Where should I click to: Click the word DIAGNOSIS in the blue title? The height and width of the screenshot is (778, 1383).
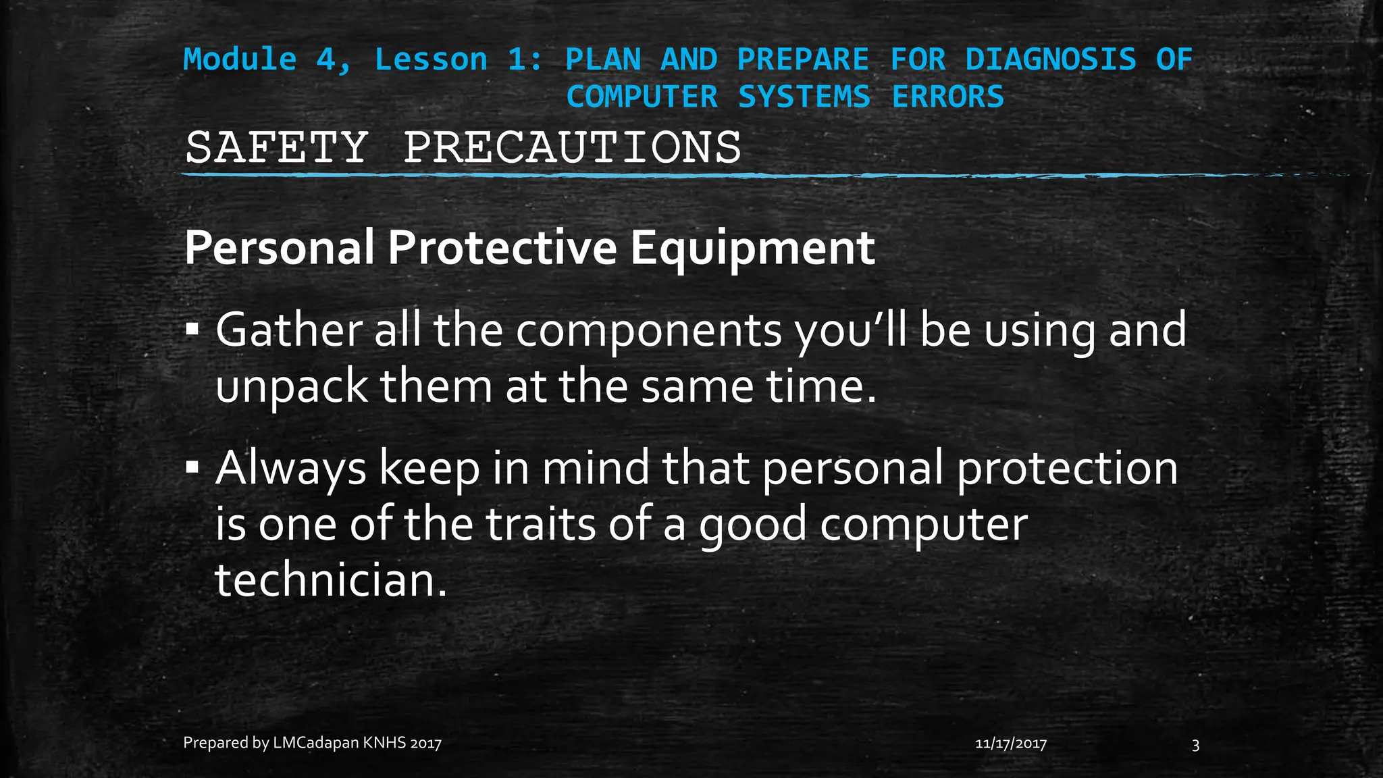point(1050,59)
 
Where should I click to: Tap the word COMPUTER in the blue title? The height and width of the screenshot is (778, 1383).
point(642,97)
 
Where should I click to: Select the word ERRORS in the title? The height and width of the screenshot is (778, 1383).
point(947,97)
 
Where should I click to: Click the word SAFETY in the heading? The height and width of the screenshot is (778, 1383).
point(276,147)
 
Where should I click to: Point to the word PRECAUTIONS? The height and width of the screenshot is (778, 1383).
point(572,147)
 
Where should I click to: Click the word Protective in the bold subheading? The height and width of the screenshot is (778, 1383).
point(502,248)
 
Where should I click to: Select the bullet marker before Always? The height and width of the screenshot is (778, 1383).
point(192,467)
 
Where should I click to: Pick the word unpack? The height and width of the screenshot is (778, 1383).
point(291,388)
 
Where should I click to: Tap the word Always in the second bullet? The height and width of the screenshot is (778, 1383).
point(290,469)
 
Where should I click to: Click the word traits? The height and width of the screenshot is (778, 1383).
point(541,524)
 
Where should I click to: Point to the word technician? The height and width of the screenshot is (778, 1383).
point(330,580)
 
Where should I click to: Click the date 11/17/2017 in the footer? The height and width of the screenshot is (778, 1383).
point(1011,744)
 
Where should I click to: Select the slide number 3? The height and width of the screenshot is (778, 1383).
point(1195,745)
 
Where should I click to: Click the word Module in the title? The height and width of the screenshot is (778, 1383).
point(240,59)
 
